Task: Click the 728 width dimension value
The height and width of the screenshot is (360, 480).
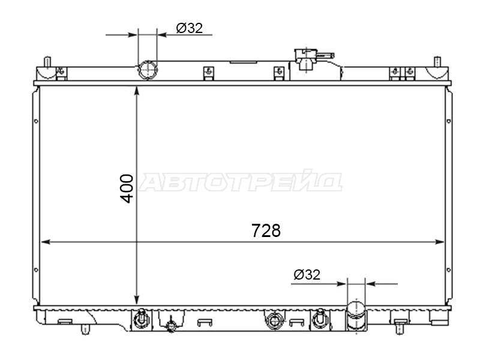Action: point(266,230)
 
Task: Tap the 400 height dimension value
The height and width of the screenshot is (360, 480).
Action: point(127,188)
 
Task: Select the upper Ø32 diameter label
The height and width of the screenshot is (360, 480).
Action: point(189,28)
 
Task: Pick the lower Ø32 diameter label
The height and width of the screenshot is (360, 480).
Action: point(307,275)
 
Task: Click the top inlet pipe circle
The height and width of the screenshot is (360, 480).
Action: point(148,70)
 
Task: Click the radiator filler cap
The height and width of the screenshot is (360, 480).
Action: point(306,59)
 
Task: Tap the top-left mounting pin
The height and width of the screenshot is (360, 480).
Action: point(47,62)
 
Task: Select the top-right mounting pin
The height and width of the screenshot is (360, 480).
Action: point(437,62)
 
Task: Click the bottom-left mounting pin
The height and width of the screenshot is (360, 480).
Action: point(85,329)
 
